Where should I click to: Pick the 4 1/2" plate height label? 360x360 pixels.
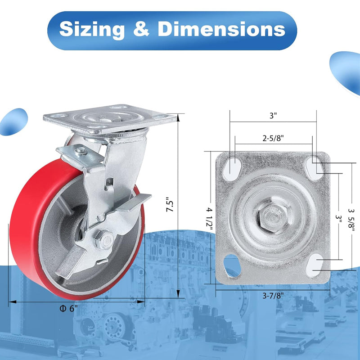209,218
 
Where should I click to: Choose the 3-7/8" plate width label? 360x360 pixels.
273,296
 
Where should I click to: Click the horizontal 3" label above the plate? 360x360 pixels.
273,115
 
